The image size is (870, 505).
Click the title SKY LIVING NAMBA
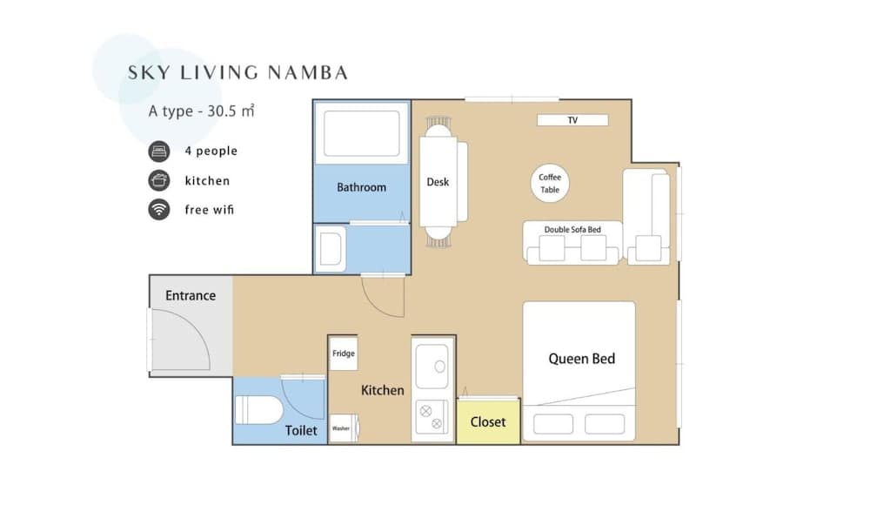tap(238, 72)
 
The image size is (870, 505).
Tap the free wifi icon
tap(158, 210)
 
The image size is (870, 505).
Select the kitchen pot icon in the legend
tap(158, 180)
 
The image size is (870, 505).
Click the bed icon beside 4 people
tap(158, 151)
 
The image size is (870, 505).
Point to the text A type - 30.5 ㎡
tap(200, 111)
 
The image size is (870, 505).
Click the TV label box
tap(572, 120)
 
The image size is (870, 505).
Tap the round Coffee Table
tap(550, 183)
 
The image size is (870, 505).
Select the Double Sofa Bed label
tap(572, 229)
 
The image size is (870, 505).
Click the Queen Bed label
tap(581, 358)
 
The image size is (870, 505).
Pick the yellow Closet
tap(487, 421)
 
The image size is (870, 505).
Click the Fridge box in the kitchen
tap(344, 354)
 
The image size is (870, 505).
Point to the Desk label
tap(438, 182)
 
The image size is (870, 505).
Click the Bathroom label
tap(361, 187)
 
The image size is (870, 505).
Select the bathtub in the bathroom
tap(361, 132)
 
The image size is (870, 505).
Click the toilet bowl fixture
tap(258, 409)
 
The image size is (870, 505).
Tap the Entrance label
tap(191, 296)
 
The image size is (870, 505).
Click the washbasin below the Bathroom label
tap(331, 248)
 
